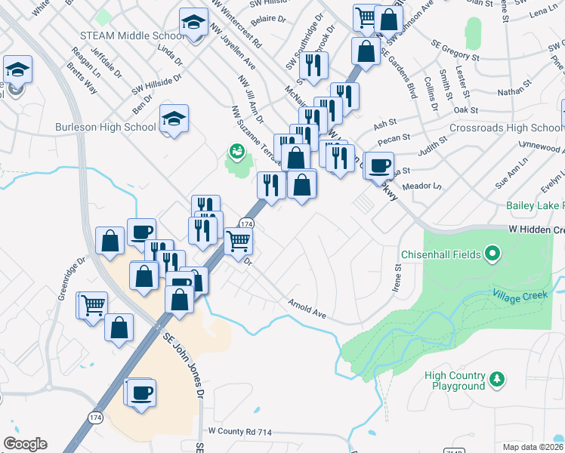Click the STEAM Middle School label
pyautogui.click(x=131, y=36)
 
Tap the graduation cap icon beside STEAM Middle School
pyautogui.click(x=194, y=23)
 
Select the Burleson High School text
pyautogui.click(x=105, y=128)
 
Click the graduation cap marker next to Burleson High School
pyautogui.click(x=174, y=119)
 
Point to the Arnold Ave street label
pyautogui.click(x=306, y=308)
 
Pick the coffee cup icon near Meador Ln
pyautogui.click(x=379, y=164)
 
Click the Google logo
pyautogui.click(x=25, y=444)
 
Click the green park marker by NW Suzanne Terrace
pyautogui.click(x=236, y=151)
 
